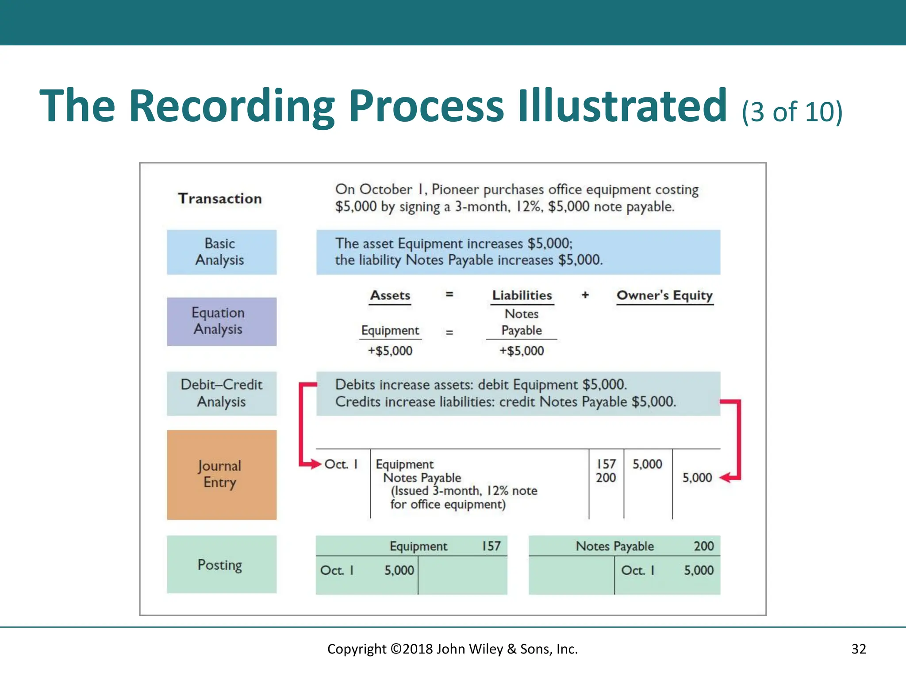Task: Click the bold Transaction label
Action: pyautogui.click(x=220, y=198)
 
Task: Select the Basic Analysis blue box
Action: pyautogui.click(x=221, y=252)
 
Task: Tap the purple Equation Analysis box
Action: pyautogui.click(x=221, y=321)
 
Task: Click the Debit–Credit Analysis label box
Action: pyautogui.click(x=221, y=393)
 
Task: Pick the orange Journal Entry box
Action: pyautogui.click(x=221, y=475)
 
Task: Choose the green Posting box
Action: pyautogui.click(x=221, y=564)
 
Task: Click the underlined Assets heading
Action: pyautogui.click(x=390, y=295)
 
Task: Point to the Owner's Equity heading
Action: pyautogui.click(x=664, y=295)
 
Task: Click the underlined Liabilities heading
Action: pyautogui.click(x=522, y=295)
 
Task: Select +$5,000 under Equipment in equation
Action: pyautogui.click(x=390, y=351)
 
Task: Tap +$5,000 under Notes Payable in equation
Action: pyautogui.click(x=522, y=351)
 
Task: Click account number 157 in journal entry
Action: pyautogui.click(x=606, y=464)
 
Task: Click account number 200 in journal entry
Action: pyautogui.click(x=606, y=478)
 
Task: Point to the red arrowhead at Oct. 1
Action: pyautogui.click(x=315, y=464)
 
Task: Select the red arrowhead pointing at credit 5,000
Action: pyautogui.click(x=724, y=478)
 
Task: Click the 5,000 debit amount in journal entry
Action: pyautogui.click(x=647, y=464)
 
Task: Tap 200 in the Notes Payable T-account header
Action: pyautogui.click(x=703, y=546)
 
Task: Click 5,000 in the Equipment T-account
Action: pyautogui.click(x=399, y=570)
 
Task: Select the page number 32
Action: pyautogui.click(x=859, y=649)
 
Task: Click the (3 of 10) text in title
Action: pyautogui.click(x=792, y=112)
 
